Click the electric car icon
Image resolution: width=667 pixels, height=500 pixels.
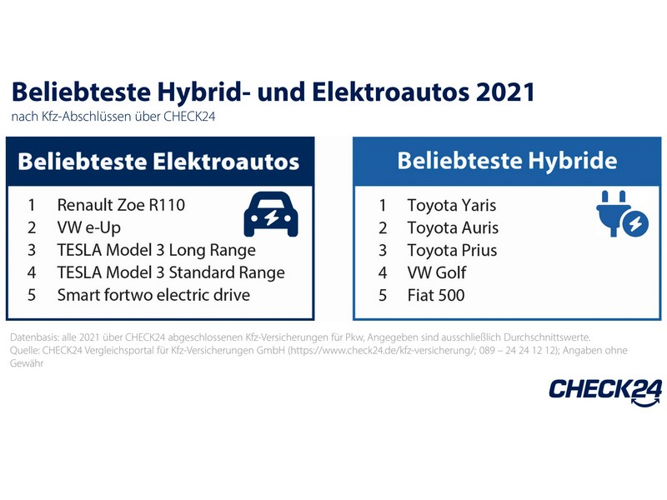tap(271, 215)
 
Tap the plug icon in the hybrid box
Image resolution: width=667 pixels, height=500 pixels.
tap(622, 214)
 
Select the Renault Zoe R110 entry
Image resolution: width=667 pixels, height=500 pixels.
tap(121, 205)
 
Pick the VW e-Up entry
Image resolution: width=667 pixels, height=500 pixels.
tap(89, 227)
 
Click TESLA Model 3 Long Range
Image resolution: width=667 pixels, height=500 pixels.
tap(157, 250)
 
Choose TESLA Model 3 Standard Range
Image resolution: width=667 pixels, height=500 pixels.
tap(171, 272)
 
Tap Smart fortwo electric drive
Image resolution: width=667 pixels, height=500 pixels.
tap(153, 295)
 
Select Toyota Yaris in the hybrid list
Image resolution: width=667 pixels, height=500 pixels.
tap(452, 205)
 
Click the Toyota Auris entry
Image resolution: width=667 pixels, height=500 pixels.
tap(453, 227)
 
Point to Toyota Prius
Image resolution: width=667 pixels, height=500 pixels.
tap(452, 251)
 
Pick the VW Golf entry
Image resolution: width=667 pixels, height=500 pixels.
tap(437, 272)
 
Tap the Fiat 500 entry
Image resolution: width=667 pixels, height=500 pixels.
tap(436, 295)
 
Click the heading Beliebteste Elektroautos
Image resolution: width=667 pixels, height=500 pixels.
tap(158, 162)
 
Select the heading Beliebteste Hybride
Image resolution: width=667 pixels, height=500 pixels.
tap(507, 161)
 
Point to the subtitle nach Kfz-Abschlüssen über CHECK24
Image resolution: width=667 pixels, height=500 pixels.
tap(113, 117)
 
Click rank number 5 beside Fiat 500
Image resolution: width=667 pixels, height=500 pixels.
tap(383, 296)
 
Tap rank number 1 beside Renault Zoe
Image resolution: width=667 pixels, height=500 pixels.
tap(32, 205)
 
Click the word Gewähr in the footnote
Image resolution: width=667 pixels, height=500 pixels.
tap(27, 363)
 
